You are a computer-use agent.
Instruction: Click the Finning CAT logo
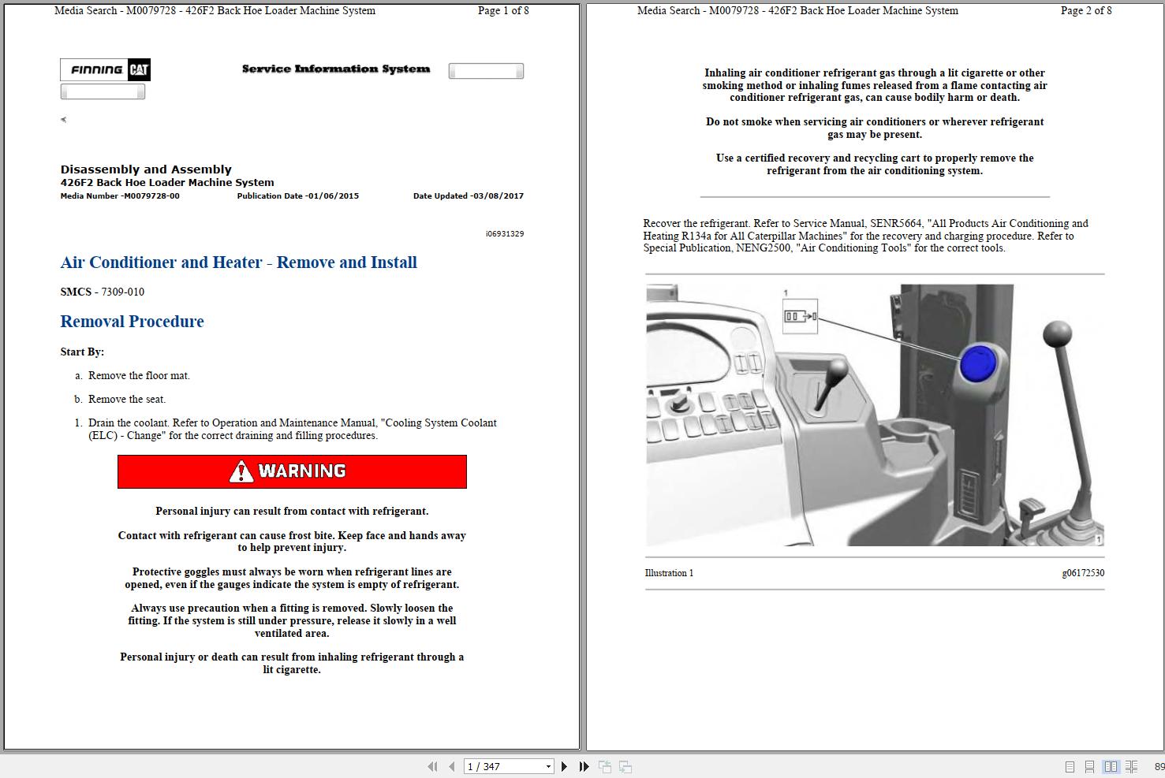(105, 70)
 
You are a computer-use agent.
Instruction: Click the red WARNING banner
(292, 471)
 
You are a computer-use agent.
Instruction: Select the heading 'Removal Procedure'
(132, 322)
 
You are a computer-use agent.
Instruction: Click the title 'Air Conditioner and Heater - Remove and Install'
(238, 262)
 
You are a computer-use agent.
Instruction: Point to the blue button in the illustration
(979, 364)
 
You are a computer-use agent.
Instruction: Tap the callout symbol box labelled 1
(800, 317)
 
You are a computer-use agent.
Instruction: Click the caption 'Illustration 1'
(669, 573)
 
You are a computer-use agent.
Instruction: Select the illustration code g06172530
(1082, 573)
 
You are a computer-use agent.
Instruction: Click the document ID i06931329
(504, 234)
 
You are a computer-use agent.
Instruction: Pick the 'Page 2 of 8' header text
(1085, 11)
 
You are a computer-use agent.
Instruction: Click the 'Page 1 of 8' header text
(503, 11)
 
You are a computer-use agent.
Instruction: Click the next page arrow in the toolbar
(564, 766)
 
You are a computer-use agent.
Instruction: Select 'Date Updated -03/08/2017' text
(468, 196)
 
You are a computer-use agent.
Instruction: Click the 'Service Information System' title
(336, 69)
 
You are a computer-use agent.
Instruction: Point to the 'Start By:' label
(82, 352)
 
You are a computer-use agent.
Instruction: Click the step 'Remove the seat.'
(126, 400)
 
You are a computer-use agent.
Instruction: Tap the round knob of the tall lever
(1057, 334)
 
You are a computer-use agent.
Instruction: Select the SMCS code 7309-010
(122, 292)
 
